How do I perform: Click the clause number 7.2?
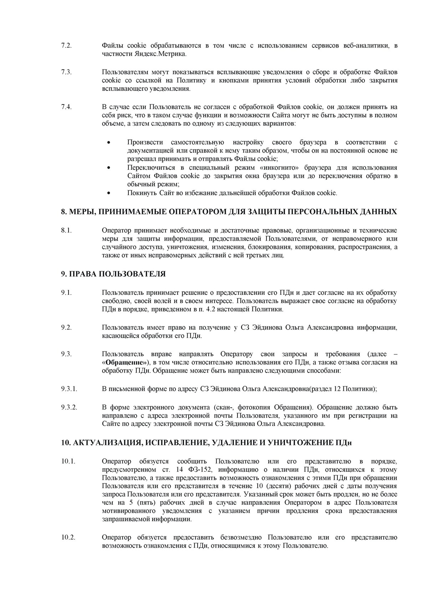(x=66, y=46)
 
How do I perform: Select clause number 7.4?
(x=66, y=107)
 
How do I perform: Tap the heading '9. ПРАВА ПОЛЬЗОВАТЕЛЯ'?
(x=113, y=274)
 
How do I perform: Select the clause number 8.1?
(x=66, y=230)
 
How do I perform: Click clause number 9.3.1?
(x=69, y=389)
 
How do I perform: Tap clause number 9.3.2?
(x=69, y=407)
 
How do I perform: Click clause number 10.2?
(x=68, y=538)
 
